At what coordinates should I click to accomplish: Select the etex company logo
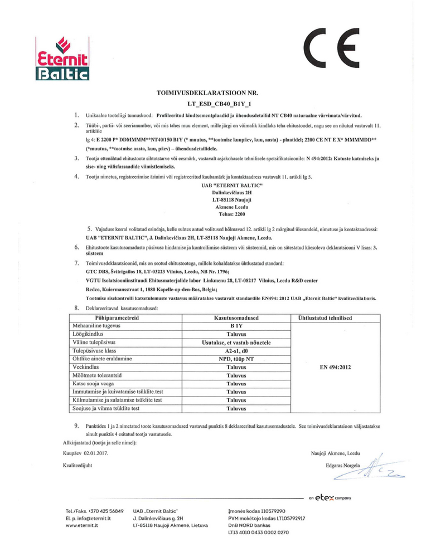pos(330,497)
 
